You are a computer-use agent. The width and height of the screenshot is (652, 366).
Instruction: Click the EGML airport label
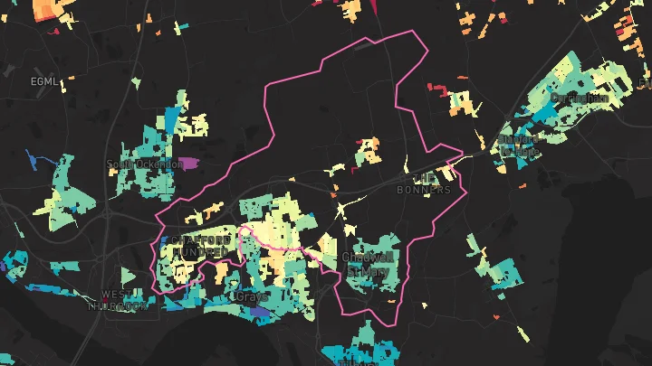tap(43, 81)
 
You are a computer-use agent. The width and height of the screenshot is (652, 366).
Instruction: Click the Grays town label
tap(251, 296)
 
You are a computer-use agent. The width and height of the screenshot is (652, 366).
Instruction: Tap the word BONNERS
tap(424, 190)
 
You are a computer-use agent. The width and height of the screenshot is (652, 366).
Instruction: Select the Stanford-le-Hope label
tap(518, 146)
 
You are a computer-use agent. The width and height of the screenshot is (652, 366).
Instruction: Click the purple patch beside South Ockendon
tap(187, 164)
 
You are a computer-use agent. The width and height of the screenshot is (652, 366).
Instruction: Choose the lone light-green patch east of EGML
tap(137, 83)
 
